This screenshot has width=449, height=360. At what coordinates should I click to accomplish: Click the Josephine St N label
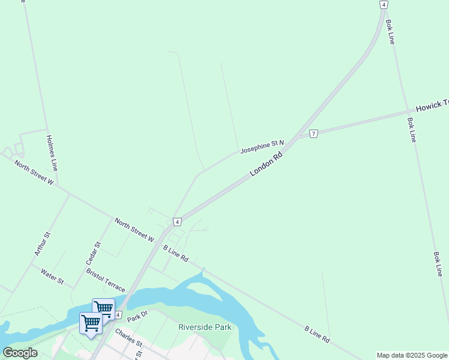[x=262, y=146]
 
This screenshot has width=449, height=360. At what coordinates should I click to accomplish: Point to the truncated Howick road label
[x=432, y=106]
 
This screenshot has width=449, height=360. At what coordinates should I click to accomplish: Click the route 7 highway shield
[x=313, y=133]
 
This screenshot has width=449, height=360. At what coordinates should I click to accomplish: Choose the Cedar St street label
[x=93, y=254]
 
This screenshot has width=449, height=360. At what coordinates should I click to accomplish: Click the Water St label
[x=52, y=277]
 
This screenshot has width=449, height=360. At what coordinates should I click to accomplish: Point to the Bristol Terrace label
[x=106, y=280]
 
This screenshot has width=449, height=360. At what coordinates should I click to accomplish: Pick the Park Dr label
[x=137, y=316]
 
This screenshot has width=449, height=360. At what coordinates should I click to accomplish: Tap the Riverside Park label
[x=205, y=327]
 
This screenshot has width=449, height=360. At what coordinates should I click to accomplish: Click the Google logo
[x=20, y=353]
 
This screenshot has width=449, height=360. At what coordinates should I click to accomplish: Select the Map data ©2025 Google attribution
[x=412, y=355]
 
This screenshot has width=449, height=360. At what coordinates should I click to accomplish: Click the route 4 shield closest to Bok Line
[x=383, y=4]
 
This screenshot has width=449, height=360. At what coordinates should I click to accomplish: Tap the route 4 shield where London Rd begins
[x=177, y=222]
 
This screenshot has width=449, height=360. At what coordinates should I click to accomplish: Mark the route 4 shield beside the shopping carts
[x=118, y=315]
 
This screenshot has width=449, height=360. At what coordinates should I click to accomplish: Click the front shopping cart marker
[x=91, y=323]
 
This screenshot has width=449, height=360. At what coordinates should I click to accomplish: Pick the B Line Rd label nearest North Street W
[x=176, y=254]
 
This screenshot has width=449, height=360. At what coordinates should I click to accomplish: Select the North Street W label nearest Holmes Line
[x=34, y=173]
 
